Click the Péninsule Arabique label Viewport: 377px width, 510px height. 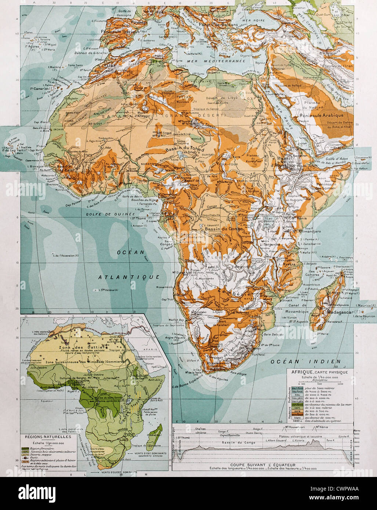pyautogui.click(x=322, y=115)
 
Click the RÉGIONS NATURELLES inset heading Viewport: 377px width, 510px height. pyautogui.click(x=47, y=437)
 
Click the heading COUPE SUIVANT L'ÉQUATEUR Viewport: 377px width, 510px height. pyautogui.click(x=262, y=464)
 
